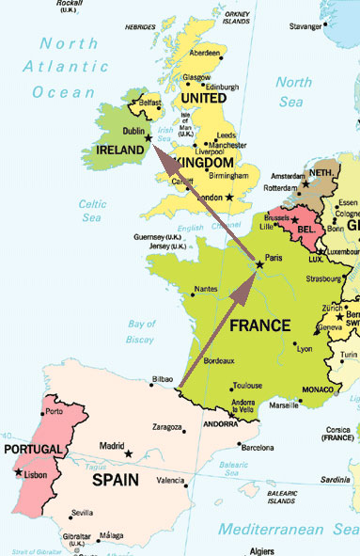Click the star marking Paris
tap(259, 265)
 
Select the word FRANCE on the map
tap(259, 328)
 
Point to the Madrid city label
tap(111, 446)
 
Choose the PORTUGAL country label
tap(32, 449)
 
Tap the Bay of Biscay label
tap(141, 331)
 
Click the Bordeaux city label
tap(218, 361)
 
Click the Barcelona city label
tap(258, 448)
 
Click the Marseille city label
tap(283, 406)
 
